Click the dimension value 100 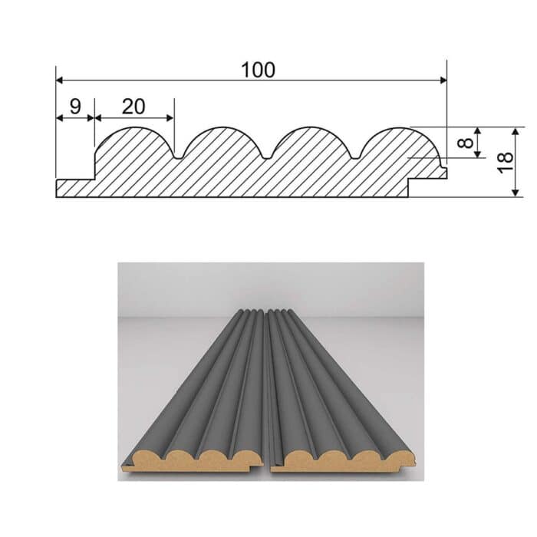pos(257,70)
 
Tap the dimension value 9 pos(74,107)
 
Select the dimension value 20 pos(133,107)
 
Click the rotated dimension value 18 pos(504,161)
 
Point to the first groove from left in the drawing pos(178,156)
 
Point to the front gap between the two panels pos(268,464)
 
